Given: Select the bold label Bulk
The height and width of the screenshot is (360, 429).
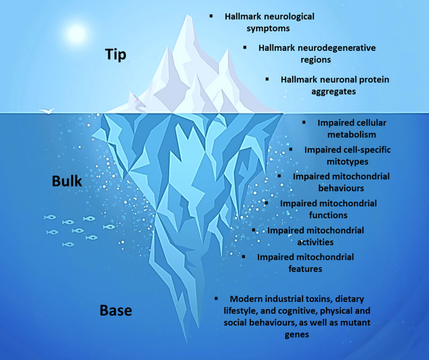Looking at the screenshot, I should [x=67, y=181].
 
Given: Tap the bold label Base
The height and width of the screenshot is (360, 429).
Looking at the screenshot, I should [x=115, y=311].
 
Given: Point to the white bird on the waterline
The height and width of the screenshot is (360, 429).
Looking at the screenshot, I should [x=47, y=111].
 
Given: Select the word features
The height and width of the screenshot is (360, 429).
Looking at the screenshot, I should [x=305, y=269].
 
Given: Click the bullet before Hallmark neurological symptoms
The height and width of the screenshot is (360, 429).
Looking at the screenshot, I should [x=211, y=16].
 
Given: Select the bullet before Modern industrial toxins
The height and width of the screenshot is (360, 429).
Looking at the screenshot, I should [x=217, y=299].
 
